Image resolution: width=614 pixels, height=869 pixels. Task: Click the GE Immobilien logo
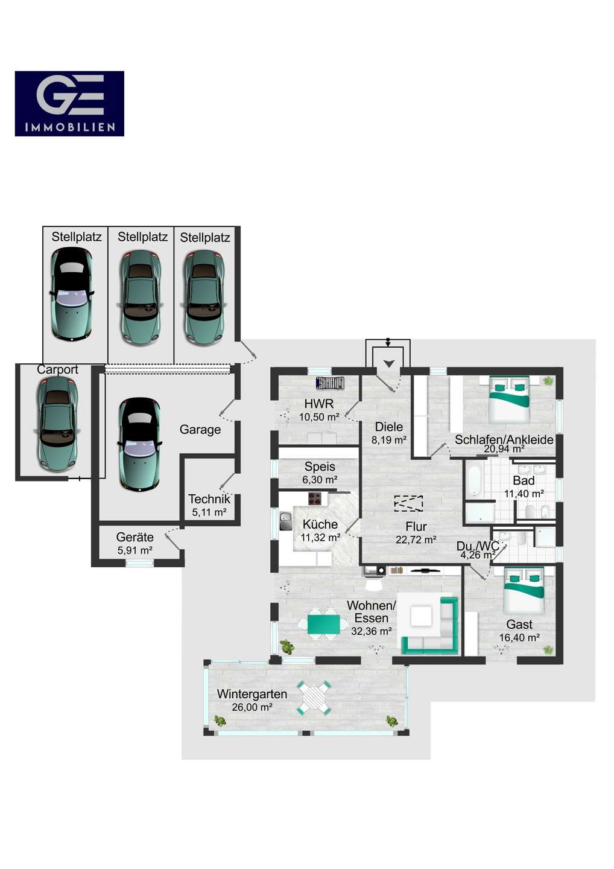click(x=69, y=104)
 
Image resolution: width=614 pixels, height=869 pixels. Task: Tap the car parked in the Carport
click(x=57, y=424)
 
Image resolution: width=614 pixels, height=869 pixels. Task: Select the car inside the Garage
click(x=139, y=445)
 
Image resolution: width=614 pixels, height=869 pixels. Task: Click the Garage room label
click(x=200, y=430)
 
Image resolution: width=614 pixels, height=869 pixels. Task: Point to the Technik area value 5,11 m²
click(x=209, y=512)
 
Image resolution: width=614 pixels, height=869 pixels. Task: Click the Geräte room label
click(x=135, y=537)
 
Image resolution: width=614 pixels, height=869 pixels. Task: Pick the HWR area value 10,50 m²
click(x=319, y=417)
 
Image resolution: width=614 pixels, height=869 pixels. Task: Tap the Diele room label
click(x=389, y=427)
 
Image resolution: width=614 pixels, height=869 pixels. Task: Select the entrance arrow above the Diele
click(x=389, y=363)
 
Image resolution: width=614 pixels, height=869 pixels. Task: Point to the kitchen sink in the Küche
click(x=286, y=521)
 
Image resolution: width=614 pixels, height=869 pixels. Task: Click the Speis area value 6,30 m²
click(x=320, y=480)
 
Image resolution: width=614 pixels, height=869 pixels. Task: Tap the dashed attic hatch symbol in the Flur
click(x=408, y=503)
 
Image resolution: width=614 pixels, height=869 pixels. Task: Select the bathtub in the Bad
click(x=474, y=480)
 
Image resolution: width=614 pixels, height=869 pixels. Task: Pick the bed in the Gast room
click(x=524, y=591)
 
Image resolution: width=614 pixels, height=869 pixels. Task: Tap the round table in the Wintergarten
click(x=314, y=698)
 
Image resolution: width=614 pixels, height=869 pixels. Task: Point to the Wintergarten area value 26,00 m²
click(x=252, y=707)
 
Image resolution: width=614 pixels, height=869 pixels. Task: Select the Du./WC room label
click(x=478, y=546)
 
